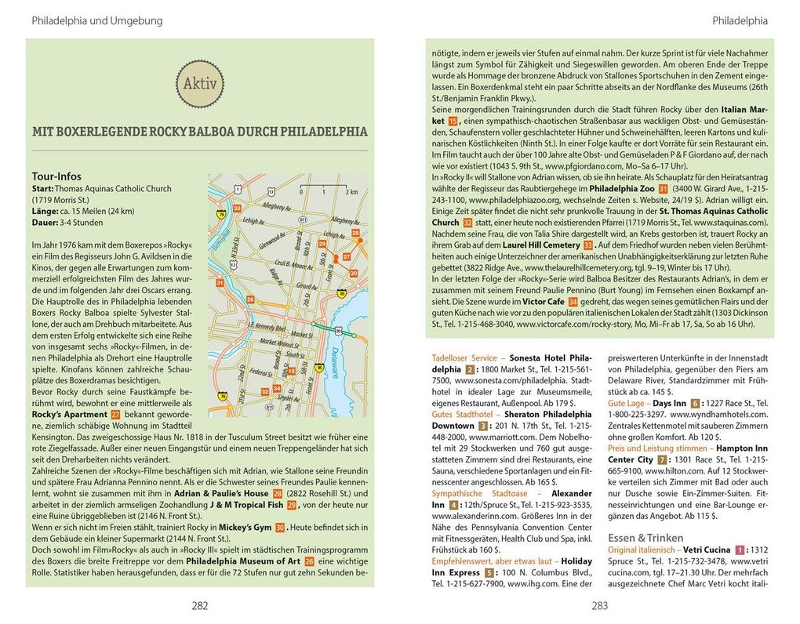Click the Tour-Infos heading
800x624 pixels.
[56, 176]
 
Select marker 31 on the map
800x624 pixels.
[220, 282]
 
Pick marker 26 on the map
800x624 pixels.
[249, 299]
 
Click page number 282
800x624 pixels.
[200, 604]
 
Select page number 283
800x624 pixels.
[600, 604]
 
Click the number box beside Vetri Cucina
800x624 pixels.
[739, 550]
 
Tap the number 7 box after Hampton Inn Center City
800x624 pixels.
[663, 459]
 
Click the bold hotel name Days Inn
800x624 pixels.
[670, 403]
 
